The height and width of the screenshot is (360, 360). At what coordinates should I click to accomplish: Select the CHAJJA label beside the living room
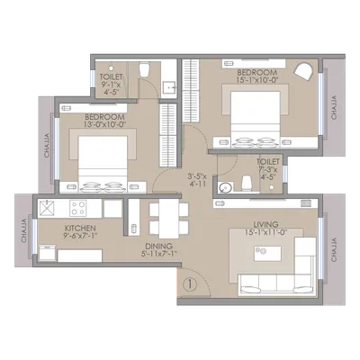click(x=335, y=245)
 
